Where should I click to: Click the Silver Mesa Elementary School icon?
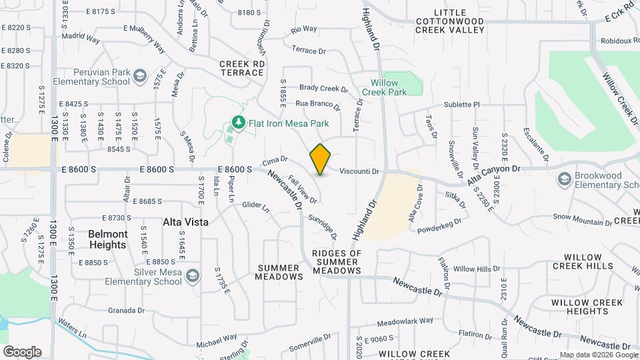tap(192, 276)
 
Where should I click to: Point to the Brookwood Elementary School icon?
tap(564, 179)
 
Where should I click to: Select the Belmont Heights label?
tap(107, 239)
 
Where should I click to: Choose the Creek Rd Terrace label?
tap(242, 67)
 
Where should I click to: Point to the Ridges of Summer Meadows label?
tap(337, 262)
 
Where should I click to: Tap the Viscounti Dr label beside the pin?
tap(359, 171)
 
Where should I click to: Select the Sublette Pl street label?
tap(462, 105)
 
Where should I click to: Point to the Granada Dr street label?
tap(127, 310)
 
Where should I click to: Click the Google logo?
tap(22, 351)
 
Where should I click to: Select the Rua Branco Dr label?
tap(317, 104)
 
